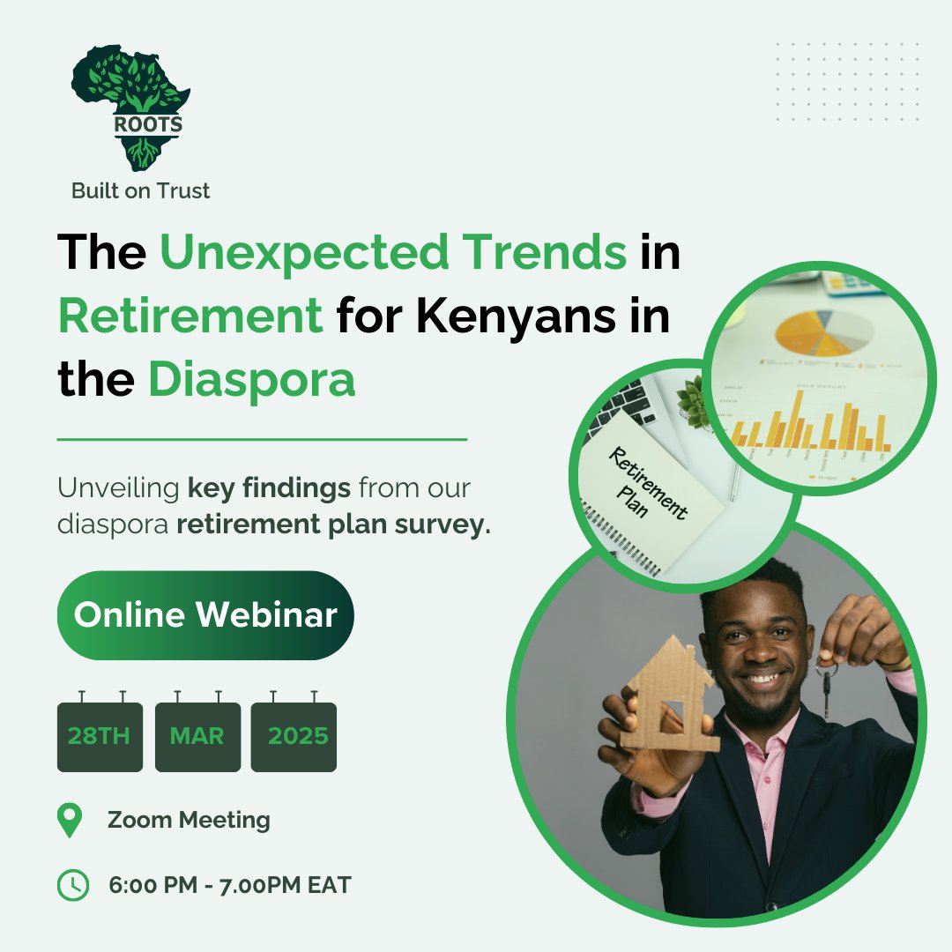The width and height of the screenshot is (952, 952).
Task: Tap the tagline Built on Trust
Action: click(141, 190)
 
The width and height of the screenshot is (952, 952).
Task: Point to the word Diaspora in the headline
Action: click(251, 380)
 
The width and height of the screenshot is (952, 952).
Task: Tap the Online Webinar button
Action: click(205, 615)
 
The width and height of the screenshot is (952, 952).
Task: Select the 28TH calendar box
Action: click(100, 737)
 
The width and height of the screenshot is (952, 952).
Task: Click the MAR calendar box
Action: click(197, 737)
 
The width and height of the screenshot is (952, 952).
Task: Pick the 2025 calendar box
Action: click(294, 737)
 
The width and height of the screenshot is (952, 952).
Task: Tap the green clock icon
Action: click(72, 885)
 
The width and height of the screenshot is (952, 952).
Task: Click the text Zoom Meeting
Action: click(189, 821)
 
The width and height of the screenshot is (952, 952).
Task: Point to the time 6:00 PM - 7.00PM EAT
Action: click(229, 885)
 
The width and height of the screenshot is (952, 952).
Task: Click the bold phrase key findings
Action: click(269, 487)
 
